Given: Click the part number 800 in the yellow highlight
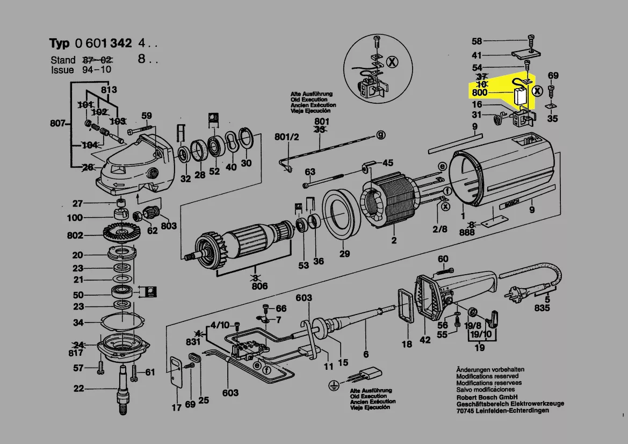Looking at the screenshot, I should point(479,92).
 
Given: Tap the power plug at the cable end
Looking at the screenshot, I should point(511,295).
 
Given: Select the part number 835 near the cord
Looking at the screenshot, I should point(543,309).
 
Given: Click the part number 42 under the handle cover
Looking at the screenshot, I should point(424,340).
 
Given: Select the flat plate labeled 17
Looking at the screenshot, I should point(176,371).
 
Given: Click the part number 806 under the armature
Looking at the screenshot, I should point(259,287).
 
